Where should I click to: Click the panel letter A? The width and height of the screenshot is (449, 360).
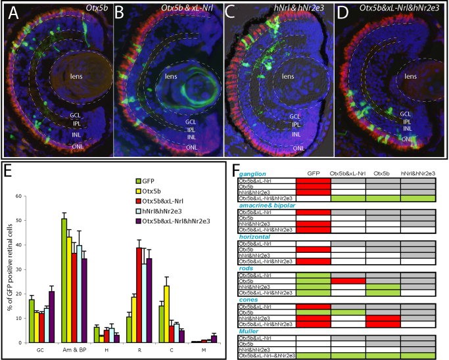(12, 14)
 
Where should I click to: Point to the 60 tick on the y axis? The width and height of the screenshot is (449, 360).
(21, 196)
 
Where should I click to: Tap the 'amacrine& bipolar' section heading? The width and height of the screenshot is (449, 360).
(264, 207)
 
